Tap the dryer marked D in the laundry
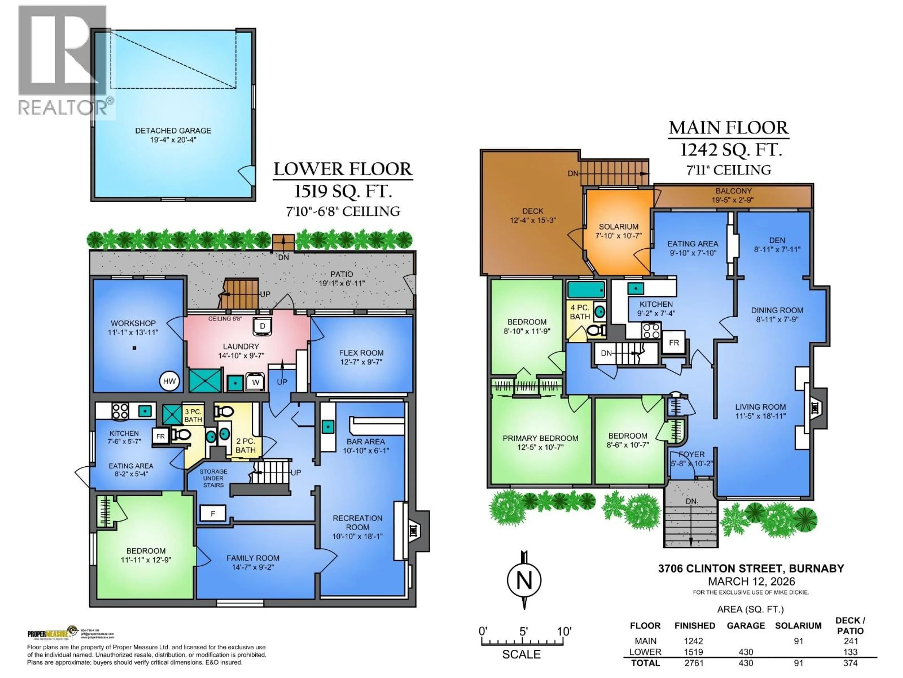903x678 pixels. click(262, 326)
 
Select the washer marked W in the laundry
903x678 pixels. click(255, 382)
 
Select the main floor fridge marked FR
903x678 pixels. click(673, 343)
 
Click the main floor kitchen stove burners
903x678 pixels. click(651, 331)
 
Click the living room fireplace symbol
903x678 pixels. click(815, 408)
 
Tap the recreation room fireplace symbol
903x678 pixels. click(413, 530)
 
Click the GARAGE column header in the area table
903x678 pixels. click(745, 626)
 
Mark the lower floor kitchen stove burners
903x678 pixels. click(120, 411)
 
